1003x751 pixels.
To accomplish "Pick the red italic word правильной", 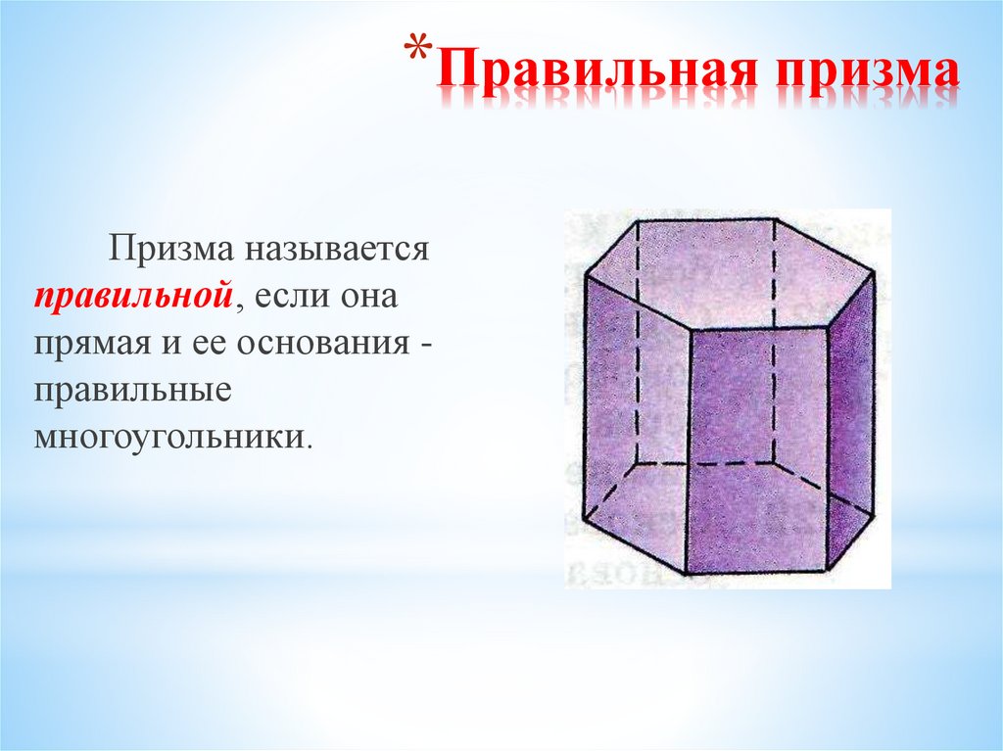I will coord(133,296).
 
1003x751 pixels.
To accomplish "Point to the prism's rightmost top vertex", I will coord(874,273).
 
